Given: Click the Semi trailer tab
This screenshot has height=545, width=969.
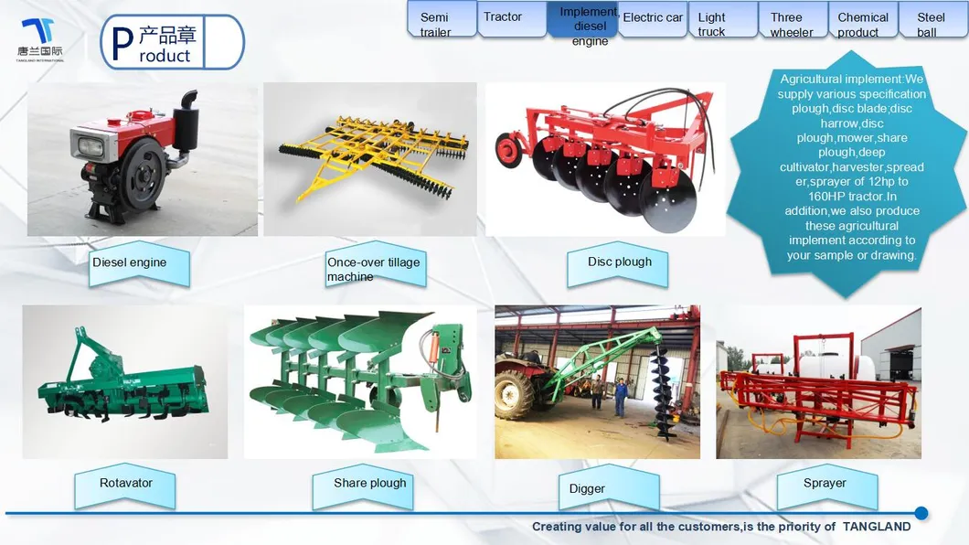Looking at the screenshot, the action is (442, 20).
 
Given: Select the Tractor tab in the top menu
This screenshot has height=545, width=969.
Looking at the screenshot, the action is (512, 18).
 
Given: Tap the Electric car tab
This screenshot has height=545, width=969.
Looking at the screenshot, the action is (653, 19).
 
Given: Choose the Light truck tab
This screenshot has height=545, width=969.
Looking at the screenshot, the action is (722, 20).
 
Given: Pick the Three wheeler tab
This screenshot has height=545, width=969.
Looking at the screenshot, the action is (793, 20).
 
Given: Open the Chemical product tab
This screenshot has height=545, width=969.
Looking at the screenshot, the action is (863, 20).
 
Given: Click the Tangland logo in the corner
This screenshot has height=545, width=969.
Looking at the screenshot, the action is (40, 39).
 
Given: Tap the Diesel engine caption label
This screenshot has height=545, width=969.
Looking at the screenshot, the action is (139, 264).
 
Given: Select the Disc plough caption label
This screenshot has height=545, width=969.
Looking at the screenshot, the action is (617, 264).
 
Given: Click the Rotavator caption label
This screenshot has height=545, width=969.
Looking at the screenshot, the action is (125, 486).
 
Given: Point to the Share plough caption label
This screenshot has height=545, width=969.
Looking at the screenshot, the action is (363, 486).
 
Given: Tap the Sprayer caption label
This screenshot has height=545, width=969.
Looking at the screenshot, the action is (827, 486).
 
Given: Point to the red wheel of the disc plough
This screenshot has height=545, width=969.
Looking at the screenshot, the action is (508, 149).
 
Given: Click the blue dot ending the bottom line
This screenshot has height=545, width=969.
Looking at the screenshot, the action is (921, 513).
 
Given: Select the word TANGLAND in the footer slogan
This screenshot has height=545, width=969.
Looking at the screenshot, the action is (877, 527).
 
